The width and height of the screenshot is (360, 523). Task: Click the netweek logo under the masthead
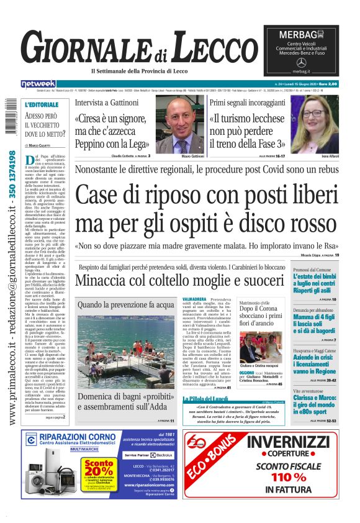point(38,83)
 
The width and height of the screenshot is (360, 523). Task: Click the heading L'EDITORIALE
point(42,104)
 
